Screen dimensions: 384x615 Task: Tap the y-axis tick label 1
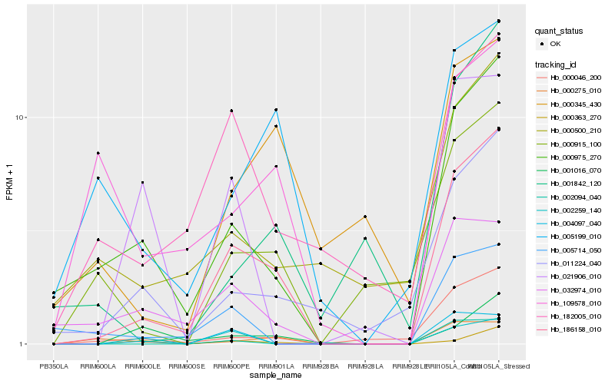[x=25, y=344]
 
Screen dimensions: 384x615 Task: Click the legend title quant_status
[x=560, y=31]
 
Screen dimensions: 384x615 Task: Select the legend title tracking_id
[x=557, y=64]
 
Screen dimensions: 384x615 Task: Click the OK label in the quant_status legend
[x=556, y=44]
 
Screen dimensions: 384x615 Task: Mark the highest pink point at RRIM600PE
[x=231, y=111]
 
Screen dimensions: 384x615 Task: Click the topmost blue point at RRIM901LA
[x=276, y=110]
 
